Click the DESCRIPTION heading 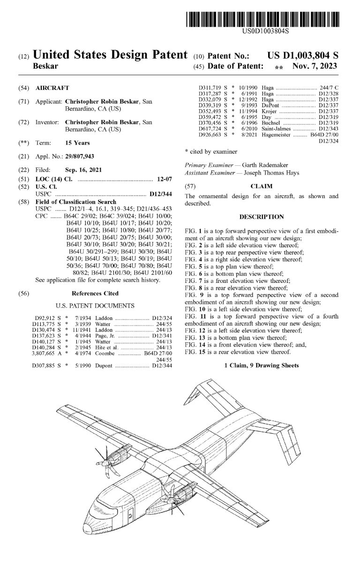(262, 217)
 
